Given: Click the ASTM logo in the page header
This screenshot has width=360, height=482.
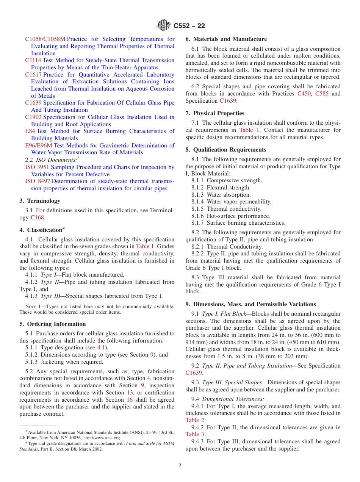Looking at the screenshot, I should tap(164, 26).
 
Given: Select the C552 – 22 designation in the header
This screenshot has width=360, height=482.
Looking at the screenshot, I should tap(189, 26).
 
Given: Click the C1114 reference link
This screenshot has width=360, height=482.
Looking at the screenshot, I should tap(33, 60).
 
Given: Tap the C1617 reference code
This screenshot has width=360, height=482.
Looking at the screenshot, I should tap(33, 75).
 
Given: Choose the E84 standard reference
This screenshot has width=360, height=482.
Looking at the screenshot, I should tap(30, 131).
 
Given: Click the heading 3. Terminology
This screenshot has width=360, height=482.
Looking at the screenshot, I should tap(40, 201).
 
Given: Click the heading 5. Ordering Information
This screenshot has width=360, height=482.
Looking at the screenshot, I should tap(53, 324).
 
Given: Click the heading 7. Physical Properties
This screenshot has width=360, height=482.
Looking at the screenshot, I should tap(215, 113).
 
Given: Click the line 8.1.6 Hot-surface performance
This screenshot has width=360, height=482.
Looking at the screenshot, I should tap(233, 216).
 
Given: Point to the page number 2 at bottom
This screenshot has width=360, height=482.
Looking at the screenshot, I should tap(180, 466).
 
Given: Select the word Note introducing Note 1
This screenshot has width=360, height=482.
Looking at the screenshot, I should tap(30, 307).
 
